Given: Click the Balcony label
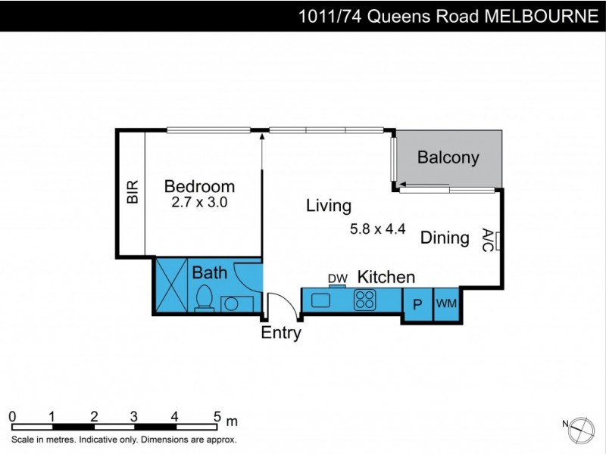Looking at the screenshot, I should (448, 158).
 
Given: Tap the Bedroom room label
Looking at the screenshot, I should (199, 186).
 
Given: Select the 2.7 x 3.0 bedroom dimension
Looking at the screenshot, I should (200, 202).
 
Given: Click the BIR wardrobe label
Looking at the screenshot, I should (133, 192).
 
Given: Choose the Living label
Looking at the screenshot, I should (329, 206).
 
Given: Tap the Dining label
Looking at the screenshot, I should (445, 238).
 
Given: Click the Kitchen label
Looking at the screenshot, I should (386, 276).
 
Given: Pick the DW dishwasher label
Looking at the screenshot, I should (337, 278).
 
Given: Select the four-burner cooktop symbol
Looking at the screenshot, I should (365, 300).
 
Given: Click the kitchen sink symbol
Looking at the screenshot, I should (320, 300).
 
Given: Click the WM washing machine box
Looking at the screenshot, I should (446, 304).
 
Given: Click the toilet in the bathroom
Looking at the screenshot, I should (204, 298).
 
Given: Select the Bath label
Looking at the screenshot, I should (209, 272).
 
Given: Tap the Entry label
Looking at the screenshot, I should (281, 333).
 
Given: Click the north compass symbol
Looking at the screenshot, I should (582, 428).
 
